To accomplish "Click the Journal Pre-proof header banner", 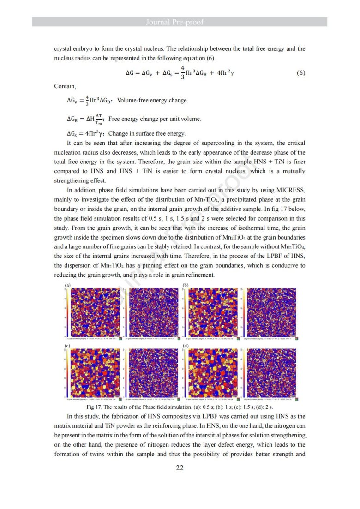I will (180, 22).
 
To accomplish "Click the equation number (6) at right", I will (300, 73).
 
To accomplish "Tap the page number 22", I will (180, 467).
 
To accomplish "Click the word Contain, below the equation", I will (65, 86).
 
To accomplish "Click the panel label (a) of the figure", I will (67, 286).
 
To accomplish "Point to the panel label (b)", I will (186, 286).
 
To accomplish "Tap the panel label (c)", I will (67, 345).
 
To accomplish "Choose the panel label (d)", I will (186, 345).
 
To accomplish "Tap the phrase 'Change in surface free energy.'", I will (147, 134).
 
